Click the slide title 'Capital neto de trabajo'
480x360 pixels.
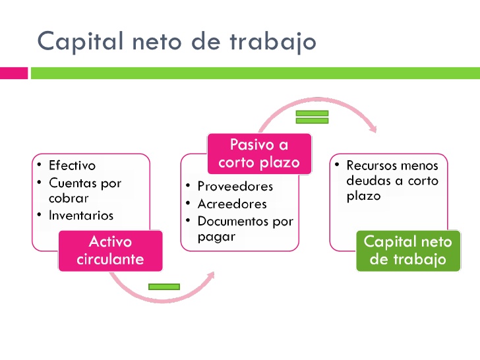click(x=177, y=42)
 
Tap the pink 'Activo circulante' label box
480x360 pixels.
click(x=110, y=251)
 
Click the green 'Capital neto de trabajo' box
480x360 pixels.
click(x=407, y=251)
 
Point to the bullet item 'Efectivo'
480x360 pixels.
click(x=72, y=165)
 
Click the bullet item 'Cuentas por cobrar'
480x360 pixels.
click(x=84, y=190)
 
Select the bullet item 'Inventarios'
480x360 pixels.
click(x=80, y=215)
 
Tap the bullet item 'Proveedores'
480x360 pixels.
click(x=235, y=187)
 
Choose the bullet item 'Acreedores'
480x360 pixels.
click(x=232, y=204)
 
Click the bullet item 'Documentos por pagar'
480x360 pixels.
click(x=245, y=229)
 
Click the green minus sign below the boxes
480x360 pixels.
click(x=164, y=287)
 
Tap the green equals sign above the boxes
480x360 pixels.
click(x=312, y=117)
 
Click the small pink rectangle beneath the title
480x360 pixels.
click(x=14, y=73)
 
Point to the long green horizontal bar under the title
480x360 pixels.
click(x=255, y=73)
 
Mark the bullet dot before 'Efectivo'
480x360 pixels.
click(x=40, y=165)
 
